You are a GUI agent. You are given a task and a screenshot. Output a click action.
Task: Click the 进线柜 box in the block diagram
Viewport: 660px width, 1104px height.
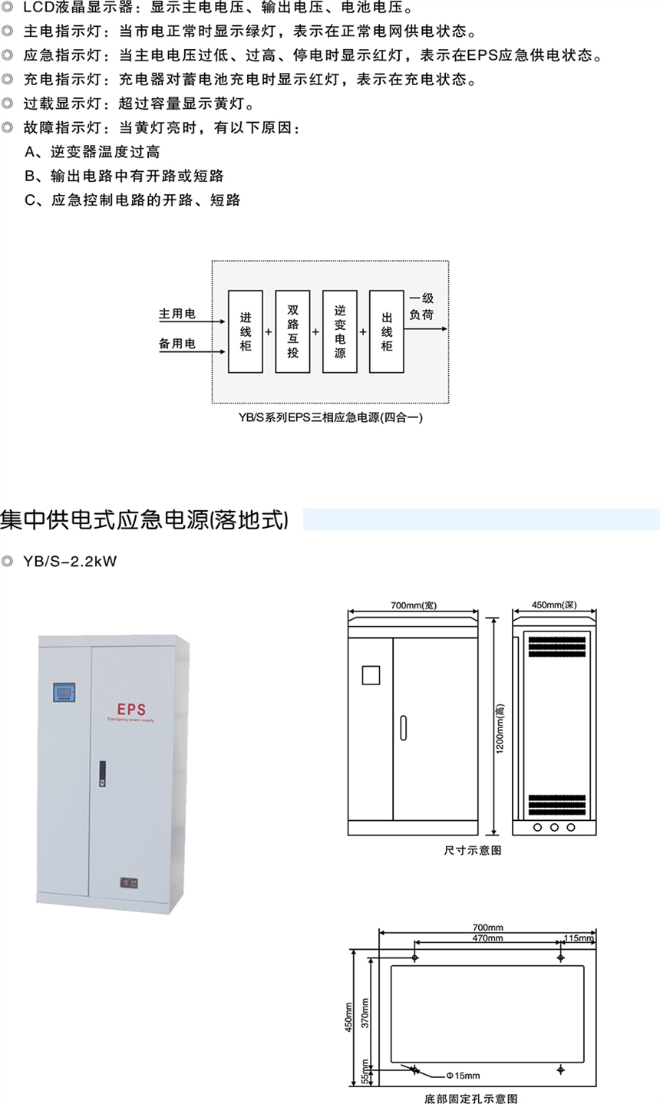(x=246, y=331)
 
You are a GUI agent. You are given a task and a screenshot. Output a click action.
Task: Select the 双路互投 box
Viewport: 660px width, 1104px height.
(x=292, y=331)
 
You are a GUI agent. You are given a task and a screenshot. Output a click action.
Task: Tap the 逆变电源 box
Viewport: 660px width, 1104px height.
(x=340, y=331)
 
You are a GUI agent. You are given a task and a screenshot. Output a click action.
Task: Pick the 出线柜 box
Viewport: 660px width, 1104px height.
(x=387, y=331)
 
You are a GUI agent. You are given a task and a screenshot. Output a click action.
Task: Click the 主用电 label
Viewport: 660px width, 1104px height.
(x=177, y=314)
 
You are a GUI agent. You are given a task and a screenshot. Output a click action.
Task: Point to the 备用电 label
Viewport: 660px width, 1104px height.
(x=177, y=344)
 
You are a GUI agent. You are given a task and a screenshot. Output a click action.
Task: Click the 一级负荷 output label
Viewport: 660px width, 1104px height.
(x=421, y=306)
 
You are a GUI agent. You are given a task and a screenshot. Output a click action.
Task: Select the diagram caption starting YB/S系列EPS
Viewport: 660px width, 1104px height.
(x=331, y=417)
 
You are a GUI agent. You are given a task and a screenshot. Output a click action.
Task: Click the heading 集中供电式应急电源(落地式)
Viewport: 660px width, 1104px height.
(x=144, y=519)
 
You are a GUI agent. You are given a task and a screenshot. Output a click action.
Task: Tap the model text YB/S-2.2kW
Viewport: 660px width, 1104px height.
(x=70, y=561)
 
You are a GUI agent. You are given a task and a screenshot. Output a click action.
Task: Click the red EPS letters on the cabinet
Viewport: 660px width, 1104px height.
(x=131, y=709)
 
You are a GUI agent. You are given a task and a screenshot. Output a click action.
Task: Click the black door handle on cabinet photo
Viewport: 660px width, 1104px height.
(x=102, y=773)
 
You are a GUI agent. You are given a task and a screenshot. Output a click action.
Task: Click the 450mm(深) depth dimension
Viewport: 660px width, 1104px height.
(x=553, y=605)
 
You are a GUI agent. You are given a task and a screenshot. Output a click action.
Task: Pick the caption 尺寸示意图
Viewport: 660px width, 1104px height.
(x=472, y=850)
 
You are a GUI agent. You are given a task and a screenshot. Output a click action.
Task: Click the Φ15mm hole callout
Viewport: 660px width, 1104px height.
(x=463, y=1076)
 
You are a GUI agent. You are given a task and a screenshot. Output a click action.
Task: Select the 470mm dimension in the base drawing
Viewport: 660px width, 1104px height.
(x=487, y=938)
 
